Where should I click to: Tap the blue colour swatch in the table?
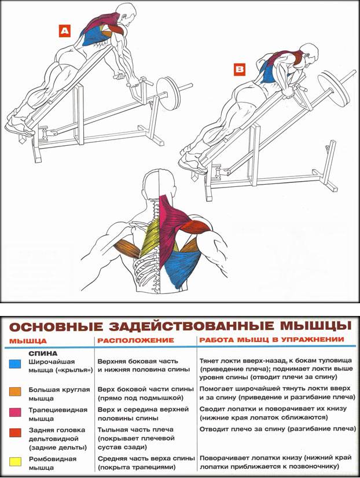pos(16,364)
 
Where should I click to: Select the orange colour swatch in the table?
pos(16,391)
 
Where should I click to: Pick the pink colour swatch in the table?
pos(16,412)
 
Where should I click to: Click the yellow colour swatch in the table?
pos(16,461)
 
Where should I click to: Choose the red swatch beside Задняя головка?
pos(16,432)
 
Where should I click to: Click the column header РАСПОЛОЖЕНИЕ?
pos(135,340)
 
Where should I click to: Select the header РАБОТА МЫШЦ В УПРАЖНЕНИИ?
pos(271,340)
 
